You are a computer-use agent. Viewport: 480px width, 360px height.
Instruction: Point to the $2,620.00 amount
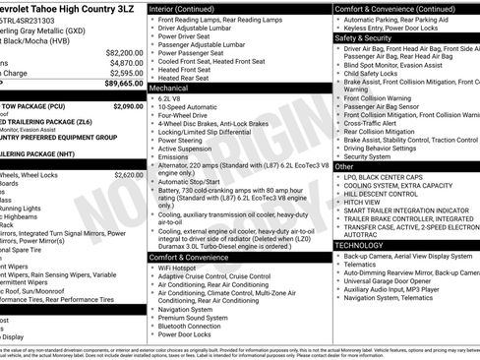click(128, 175)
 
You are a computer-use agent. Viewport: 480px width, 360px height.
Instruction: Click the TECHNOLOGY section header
click(361, 245)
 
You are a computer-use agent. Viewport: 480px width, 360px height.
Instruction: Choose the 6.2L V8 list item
click(171, 99)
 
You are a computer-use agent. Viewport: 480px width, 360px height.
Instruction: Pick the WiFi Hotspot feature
click(177, 268)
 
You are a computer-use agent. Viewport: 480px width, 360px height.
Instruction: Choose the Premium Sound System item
click(192, 318)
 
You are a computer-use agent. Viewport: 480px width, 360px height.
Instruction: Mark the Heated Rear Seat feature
click(184, 78)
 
